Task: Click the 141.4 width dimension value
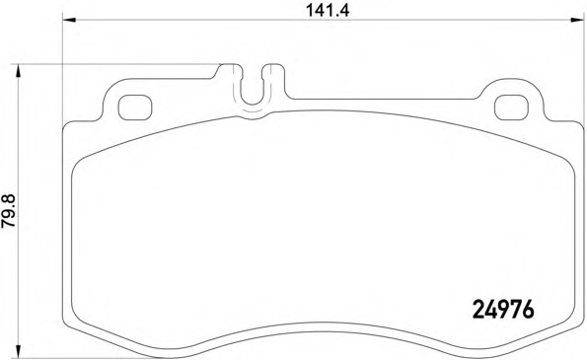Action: [328, 10]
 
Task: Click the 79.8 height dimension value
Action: [9, 211]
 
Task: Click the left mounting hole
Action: [135, 108]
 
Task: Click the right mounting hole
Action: [511, 108]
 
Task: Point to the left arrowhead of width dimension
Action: [69, 20]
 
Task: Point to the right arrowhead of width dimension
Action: [577, 20]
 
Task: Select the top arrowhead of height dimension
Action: [17, 71]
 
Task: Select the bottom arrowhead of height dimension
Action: [17, 352]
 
